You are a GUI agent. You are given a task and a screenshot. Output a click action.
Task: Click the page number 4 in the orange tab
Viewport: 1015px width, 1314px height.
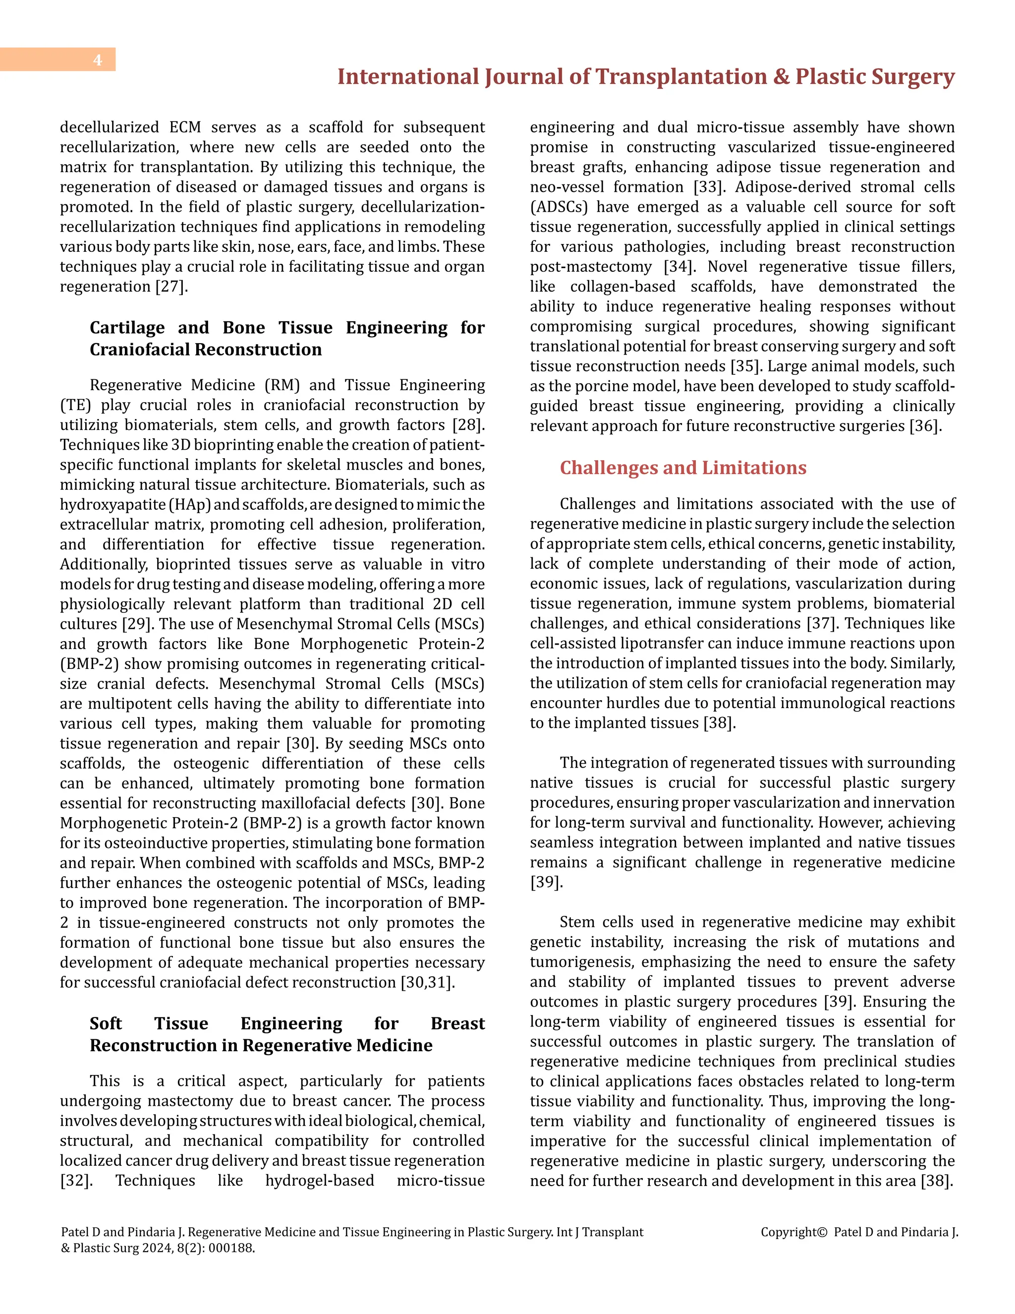98,60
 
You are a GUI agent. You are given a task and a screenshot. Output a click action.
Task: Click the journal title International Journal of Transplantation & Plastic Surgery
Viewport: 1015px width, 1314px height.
645,77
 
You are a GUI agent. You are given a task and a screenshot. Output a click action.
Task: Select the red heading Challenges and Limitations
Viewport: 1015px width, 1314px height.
682,468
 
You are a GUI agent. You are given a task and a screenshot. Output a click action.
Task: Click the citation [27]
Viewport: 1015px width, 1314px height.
171,287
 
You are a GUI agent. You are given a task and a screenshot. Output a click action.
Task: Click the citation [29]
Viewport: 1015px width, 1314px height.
138,624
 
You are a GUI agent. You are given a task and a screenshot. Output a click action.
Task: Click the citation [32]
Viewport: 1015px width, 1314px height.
76,1181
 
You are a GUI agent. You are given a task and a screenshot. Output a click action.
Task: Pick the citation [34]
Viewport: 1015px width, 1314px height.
679,267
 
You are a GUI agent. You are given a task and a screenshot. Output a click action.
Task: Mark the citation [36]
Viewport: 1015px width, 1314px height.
925,426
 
